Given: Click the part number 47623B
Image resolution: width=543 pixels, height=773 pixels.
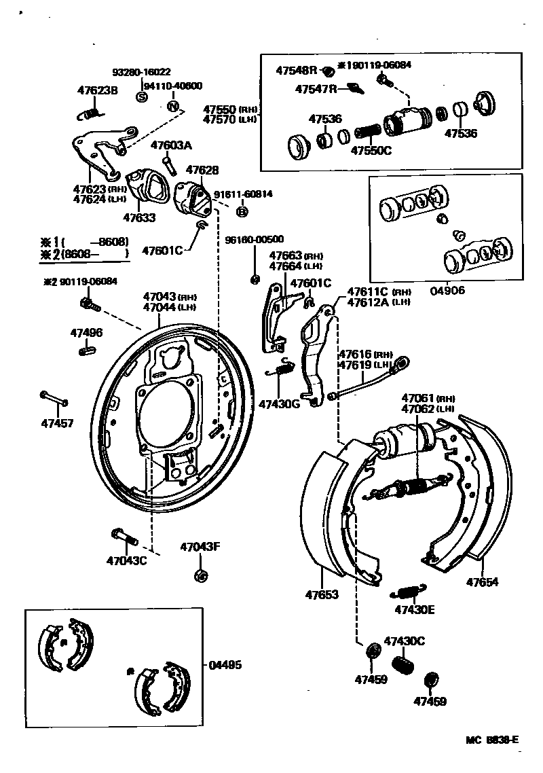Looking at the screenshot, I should [x=97, y=90].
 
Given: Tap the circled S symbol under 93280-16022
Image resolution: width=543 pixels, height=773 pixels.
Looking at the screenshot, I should [x=143, y=96].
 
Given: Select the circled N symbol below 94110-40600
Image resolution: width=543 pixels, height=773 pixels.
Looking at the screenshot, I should [x=173, y=107].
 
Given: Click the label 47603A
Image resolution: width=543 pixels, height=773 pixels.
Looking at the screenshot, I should [x=171, y=145].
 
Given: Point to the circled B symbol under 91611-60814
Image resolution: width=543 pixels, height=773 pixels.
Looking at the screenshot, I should [x=241, y=212].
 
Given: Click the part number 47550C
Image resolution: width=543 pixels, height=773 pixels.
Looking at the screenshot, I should [x=371, y=150].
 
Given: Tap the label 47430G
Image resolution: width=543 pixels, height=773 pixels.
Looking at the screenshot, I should [x=278, y=403].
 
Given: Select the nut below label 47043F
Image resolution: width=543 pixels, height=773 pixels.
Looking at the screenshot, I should [x=200, y=576].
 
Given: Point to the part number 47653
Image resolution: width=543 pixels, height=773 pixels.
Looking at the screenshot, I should [x=321, y=594].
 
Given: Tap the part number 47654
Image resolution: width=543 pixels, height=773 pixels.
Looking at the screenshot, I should [x=482, y=582].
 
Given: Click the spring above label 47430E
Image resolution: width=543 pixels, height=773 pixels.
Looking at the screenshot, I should [x=409, y=588].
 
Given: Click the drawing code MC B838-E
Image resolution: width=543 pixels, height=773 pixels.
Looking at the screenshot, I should [x=493, y=740].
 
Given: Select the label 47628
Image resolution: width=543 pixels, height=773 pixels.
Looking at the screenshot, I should [x=202, y=170].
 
